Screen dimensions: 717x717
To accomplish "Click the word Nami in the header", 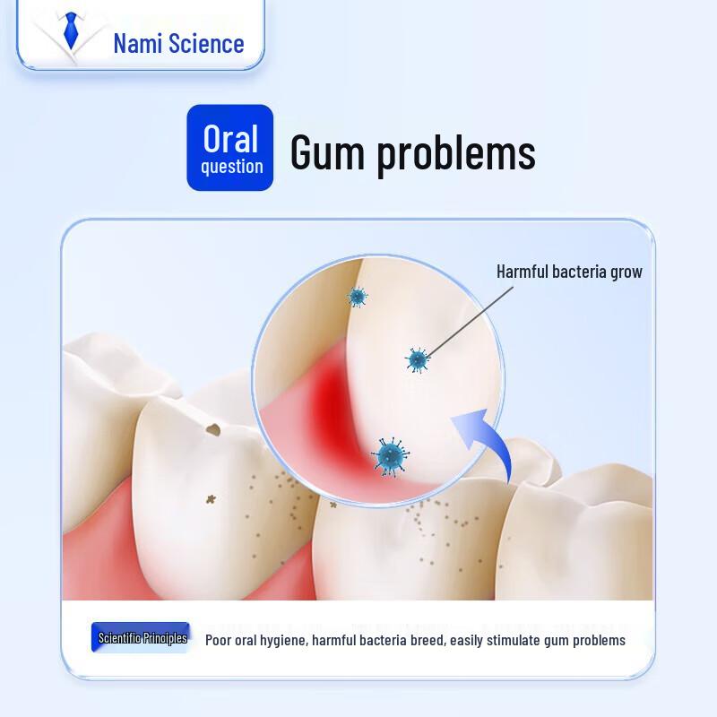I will tap(138, 43).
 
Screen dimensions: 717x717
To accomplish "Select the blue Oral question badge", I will tap(230, 148).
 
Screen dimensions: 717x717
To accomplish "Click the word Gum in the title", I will tap(327, 152).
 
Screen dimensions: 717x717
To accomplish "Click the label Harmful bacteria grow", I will tap(569, 272).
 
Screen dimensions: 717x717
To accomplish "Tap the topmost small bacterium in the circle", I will tap(358, 297).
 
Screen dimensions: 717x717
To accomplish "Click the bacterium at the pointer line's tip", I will tap(417, 359).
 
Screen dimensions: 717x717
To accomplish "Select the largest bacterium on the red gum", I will tap(390, 456).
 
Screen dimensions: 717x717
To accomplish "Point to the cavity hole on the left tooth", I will tap(213, 430).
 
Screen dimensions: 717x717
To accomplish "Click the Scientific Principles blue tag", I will tap(142, 638).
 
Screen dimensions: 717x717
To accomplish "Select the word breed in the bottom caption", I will tap(429, 640).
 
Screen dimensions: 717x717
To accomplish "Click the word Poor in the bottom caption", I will tap(220, 640).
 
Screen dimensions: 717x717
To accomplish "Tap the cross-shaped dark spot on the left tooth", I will tap(212, 498).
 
